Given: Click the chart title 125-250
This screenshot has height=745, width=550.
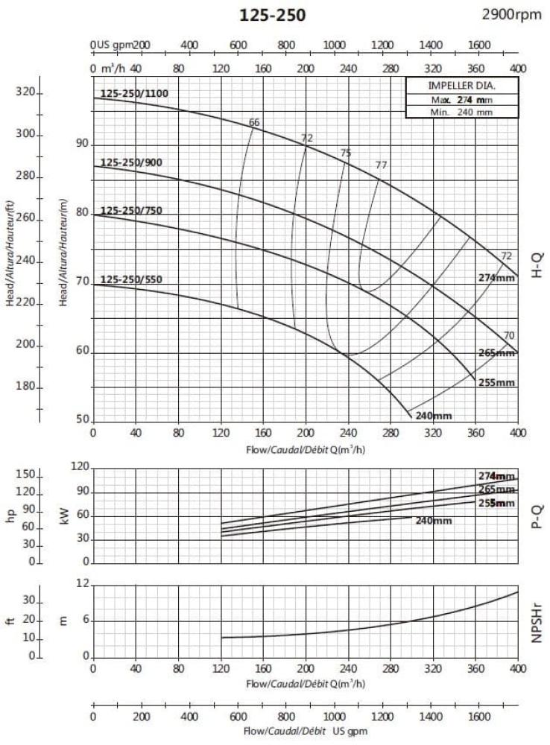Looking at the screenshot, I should (x=272, y=15).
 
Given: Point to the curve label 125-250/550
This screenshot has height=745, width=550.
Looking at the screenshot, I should (x=131, y=280).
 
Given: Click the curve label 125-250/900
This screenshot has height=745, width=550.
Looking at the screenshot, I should (x=131, y=163).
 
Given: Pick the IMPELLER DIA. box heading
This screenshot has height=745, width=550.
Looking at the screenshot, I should (x=461, y=86).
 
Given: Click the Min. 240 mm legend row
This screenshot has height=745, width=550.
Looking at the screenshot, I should (x=461, y=112).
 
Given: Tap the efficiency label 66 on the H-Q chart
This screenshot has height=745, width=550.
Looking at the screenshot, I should (x=254, y=122).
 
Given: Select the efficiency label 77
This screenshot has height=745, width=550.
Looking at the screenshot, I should (x=382, y=165).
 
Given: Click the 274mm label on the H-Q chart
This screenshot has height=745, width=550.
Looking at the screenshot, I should (x=496, y=278).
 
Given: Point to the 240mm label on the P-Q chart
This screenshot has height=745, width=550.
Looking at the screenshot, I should (x=434, y=521).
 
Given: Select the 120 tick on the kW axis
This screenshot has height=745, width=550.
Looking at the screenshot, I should (x=80, y=467).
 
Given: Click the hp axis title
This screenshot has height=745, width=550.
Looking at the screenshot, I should (x=10, y=516).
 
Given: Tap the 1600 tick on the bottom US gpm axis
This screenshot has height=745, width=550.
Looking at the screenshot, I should (x=479, y=717).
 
